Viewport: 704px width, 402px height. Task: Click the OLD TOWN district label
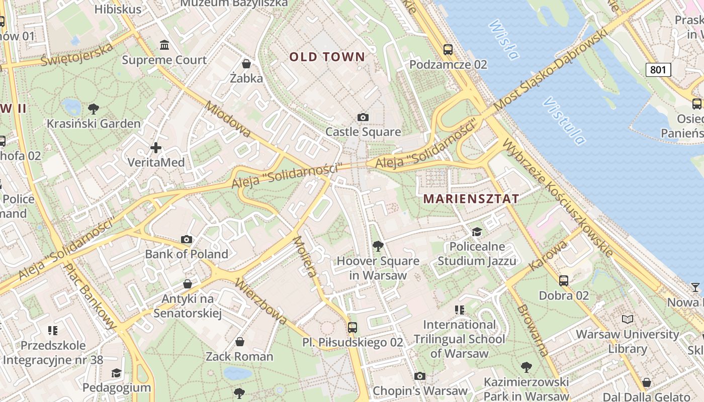point(327,57)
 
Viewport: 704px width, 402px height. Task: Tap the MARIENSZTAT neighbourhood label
point(471,198)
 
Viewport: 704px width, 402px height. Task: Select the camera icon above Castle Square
point(363,117)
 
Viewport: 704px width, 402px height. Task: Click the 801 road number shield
point(658,69)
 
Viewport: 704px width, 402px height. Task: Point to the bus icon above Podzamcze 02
point(448,49)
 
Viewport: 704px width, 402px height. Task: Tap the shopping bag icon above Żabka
point(246,63)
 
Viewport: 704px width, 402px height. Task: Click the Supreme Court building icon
point(164,45)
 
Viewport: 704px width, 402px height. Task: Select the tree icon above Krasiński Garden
point(94,108)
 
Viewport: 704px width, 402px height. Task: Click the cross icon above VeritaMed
point(156,147)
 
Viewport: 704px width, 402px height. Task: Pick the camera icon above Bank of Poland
point(187,239)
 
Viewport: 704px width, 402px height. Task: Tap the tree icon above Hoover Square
point(378,246)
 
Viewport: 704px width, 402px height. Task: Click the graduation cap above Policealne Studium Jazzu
point(476,232)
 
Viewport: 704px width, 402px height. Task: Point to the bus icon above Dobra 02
point(563,280)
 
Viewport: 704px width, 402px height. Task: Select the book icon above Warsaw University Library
point(628,319)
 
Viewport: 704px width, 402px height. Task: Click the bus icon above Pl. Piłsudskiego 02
point(353,327)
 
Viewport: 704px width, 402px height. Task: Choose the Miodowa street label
point(228,120)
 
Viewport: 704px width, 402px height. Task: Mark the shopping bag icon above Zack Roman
point(240,342)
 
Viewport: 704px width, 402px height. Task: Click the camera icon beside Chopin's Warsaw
point(419,376)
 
